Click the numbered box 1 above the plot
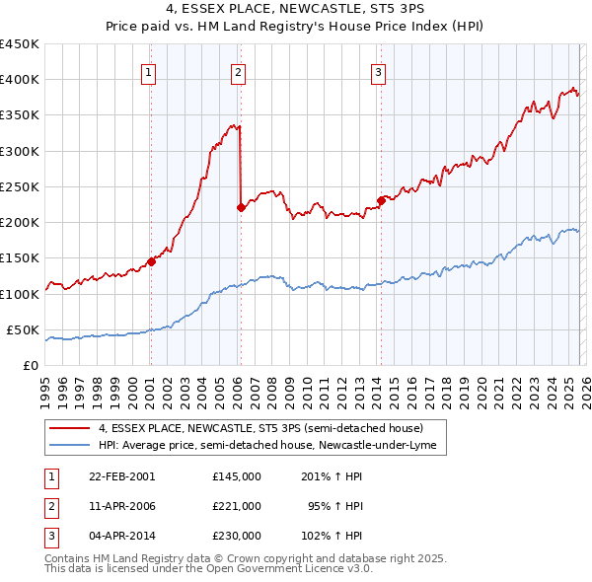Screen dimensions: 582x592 tap(148, 70)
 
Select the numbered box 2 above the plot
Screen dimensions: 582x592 tap(239, 70)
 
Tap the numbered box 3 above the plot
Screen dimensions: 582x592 tap(378, 70)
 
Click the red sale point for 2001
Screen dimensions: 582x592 tap(151, 261)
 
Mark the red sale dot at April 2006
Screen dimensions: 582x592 tap(241, 207)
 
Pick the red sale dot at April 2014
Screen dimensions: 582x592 tap(380, 201)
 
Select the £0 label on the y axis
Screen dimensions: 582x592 tap(30, 365)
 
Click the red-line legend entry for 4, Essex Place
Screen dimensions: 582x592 tap(260, 428)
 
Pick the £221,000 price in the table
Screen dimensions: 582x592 tap(237, 505)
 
